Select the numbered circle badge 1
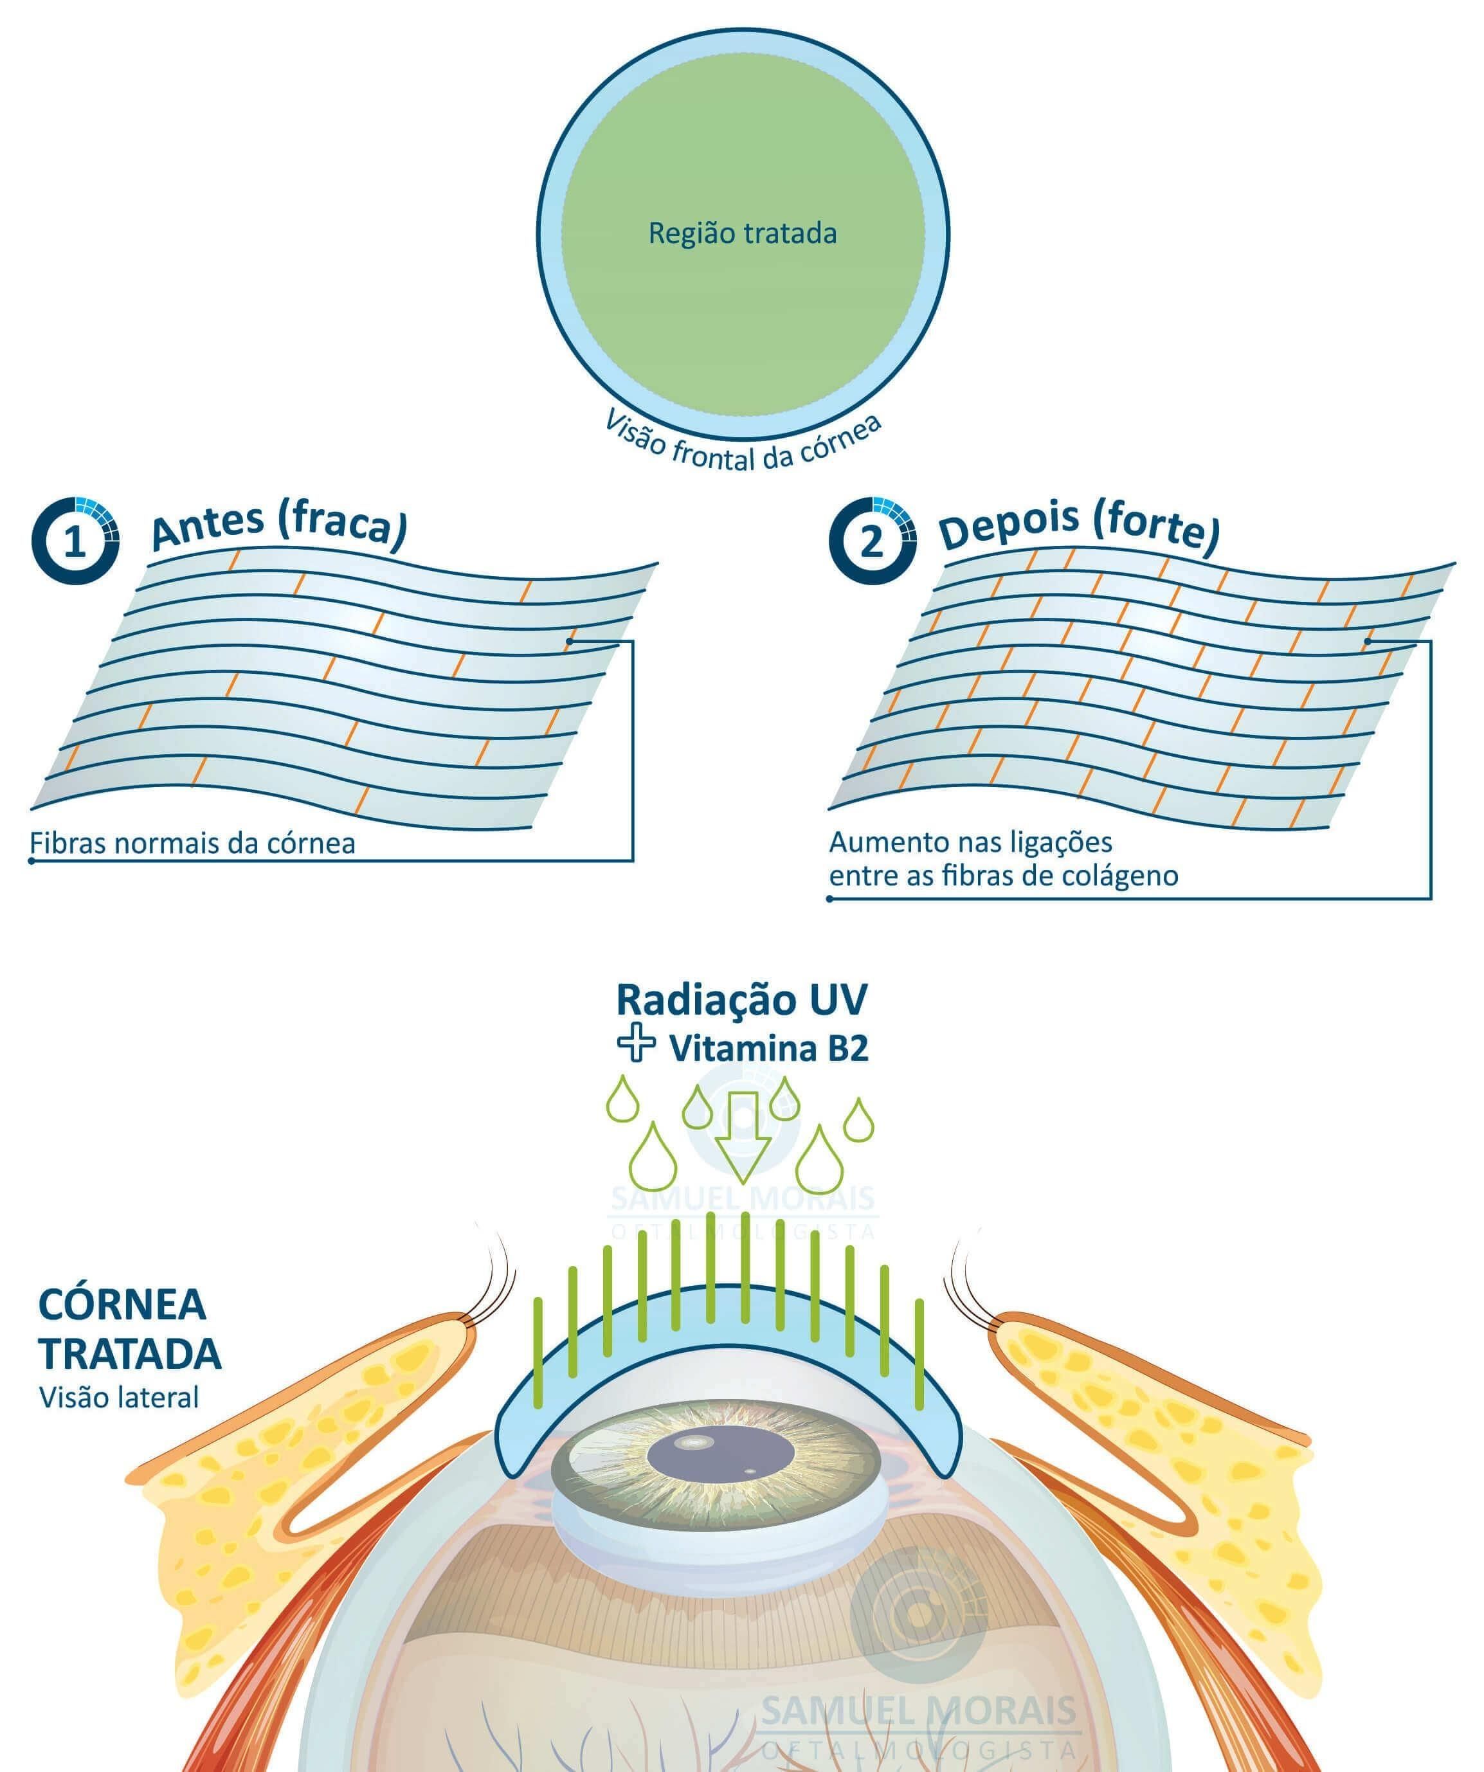[75, 541]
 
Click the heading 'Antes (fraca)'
[279, 527]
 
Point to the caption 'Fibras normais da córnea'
[192, 843]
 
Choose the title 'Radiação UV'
[741, 1000]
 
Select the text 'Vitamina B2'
[768, 1048]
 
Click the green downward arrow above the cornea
[743, 1137]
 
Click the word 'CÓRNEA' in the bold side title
[122, 1305]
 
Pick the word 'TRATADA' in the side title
[130, 1353]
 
